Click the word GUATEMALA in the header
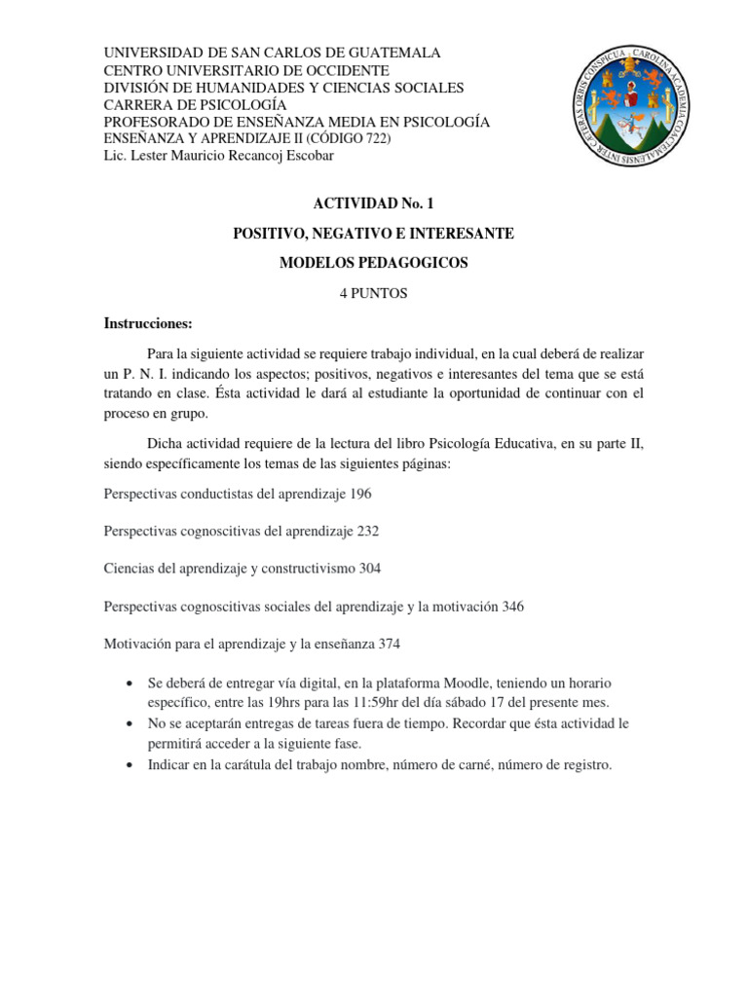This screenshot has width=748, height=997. click(391, 53)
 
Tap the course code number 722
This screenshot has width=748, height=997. click(371, 139)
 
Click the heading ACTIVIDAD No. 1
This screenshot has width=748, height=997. click(373, 203)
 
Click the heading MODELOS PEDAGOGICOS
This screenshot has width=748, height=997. click(374, 263)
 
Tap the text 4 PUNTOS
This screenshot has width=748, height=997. click(373, 293)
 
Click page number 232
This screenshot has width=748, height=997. click(367, 531)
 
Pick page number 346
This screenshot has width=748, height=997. click(512, 607)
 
